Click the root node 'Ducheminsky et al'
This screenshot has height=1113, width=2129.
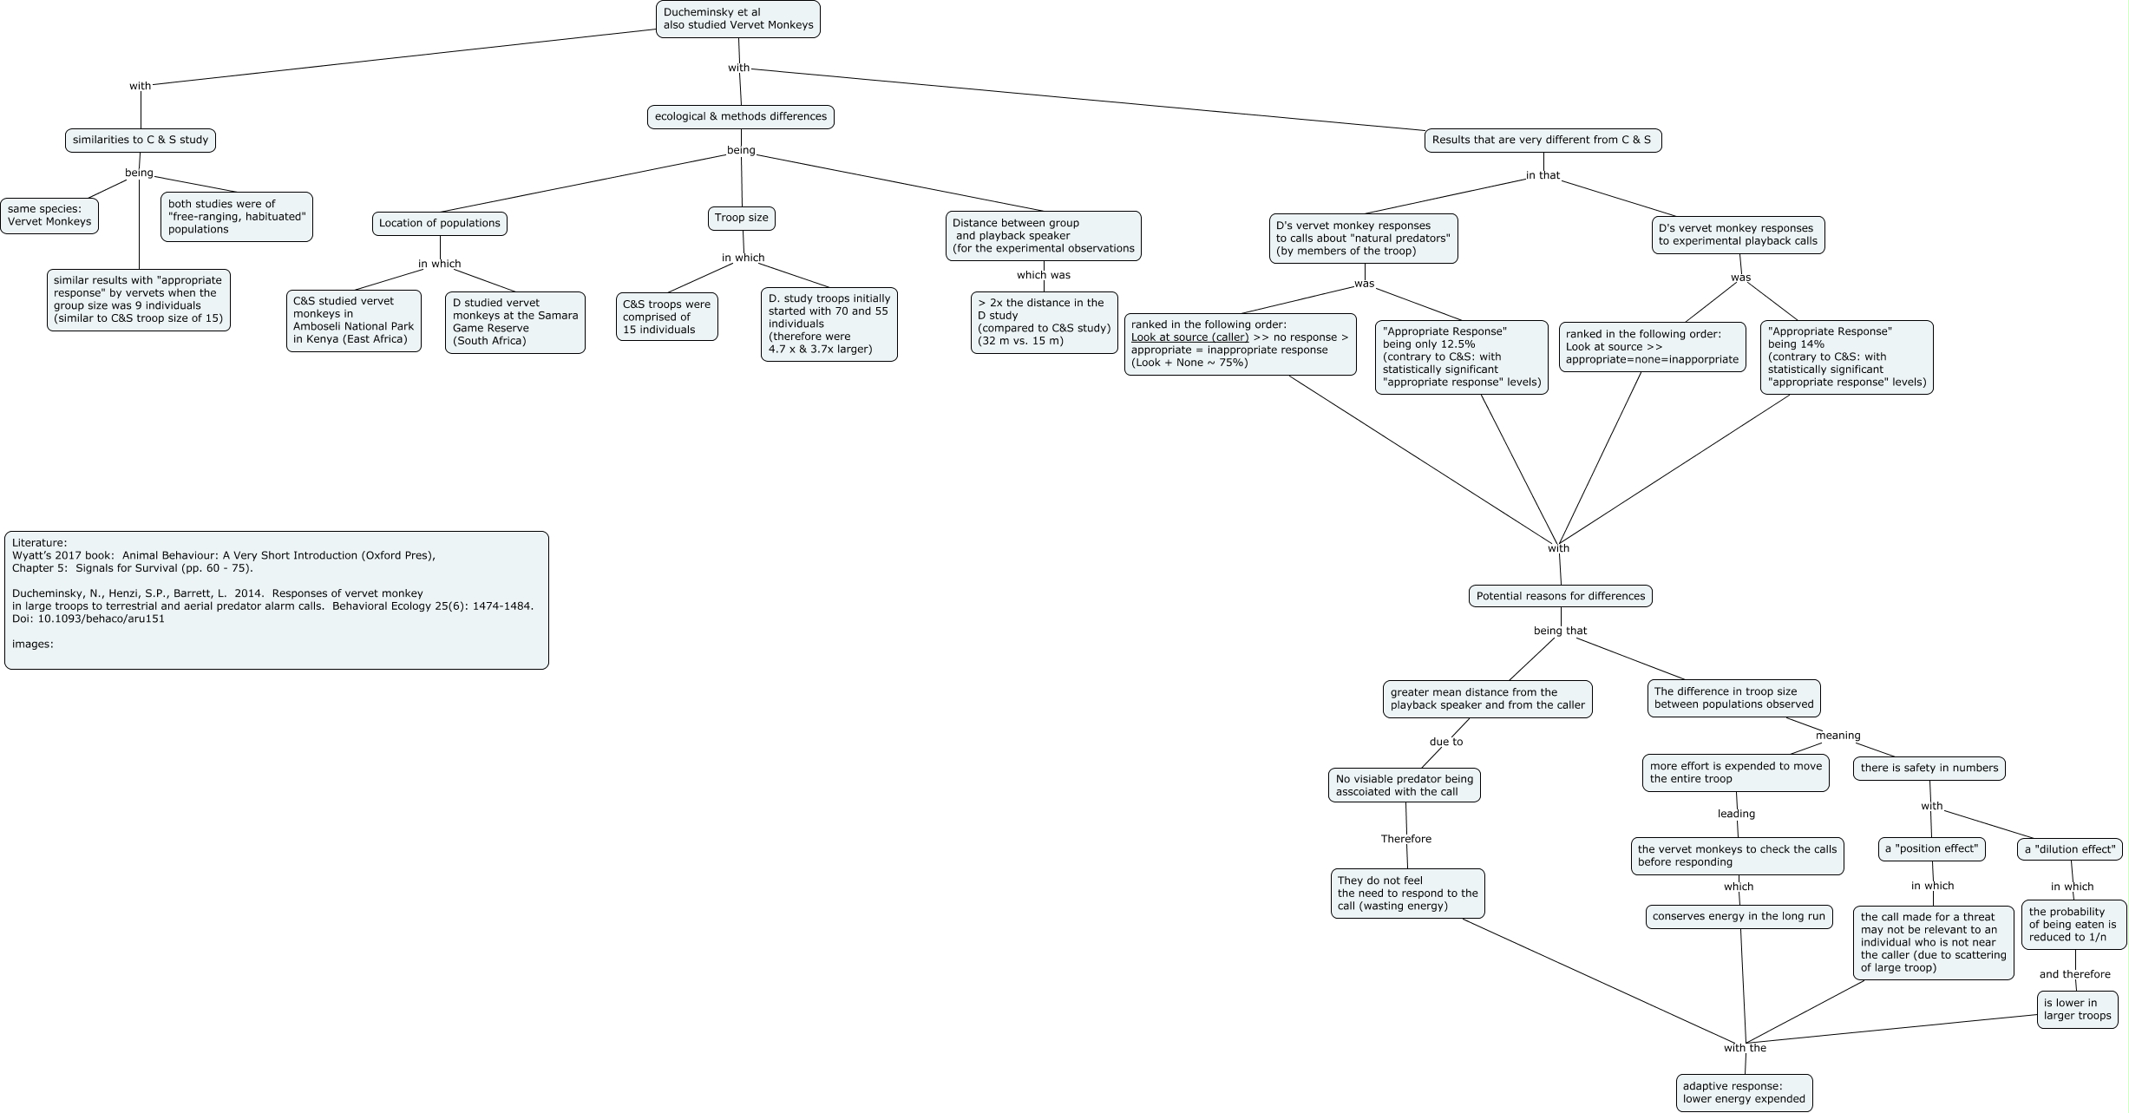click(x=737, y=19)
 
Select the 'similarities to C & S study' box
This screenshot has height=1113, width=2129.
click(x=141, y=141)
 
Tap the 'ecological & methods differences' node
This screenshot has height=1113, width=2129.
click(x=741, y=117)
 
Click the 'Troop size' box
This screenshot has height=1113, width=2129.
click(x=742, y=219)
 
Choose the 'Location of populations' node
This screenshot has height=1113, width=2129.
click(x=440, y=224)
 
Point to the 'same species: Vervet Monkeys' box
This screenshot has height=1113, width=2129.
click(x=49, y=216)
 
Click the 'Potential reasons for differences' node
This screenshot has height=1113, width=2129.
click(x=1561, y=596)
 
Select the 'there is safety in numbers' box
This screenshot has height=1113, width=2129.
click(x=1929, y=769)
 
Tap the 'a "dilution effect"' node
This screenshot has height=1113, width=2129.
click(x=2070, y=849)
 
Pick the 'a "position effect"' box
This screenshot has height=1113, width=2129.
click(x=1932, y=849)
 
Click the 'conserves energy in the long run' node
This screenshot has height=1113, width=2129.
click(x=1739, y=917)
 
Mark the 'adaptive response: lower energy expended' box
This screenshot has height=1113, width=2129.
click(x=1744, y=1093)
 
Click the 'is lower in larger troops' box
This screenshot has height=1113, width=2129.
click(x=2077, y=1010)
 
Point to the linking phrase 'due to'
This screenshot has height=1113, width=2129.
click(x=1446, y=742)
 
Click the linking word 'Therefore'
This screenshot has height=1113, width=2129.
click(x=1406, y=839)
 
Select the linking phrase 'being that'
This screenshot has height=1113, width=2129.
click(x=1560, y=631)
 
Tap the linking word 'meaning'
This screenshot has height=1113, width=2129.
click(x=1838, y=736)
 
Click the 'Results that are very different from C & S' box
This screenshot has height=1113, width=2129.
click(x=1543, y=141)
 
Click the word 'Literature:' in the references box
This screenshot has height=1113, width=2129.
click(x=39, y=543)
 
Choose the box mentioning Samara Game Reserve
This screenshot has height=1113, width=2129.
click(x=515, y=323)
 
